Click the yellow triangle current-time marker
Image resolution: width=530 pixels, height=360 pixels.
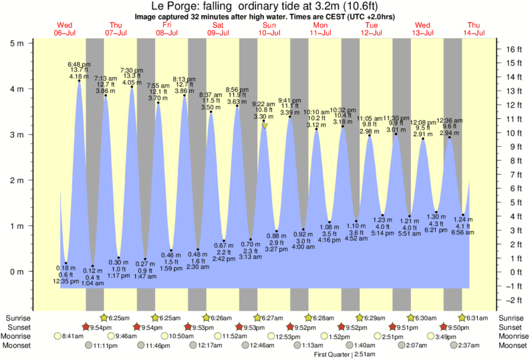(x=265, y=125)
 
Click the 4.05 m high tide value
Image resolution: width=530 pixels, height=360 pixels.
(x=131, y=83)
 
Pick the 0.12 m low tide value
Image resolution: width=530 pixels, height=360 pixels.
(x=92, y=270)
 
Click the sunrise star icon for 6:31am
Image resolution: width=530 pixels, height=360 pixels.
(x=462, y=317)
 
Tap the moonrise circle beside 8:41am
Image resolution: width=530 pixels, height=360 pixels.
(x=58, y=337)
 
